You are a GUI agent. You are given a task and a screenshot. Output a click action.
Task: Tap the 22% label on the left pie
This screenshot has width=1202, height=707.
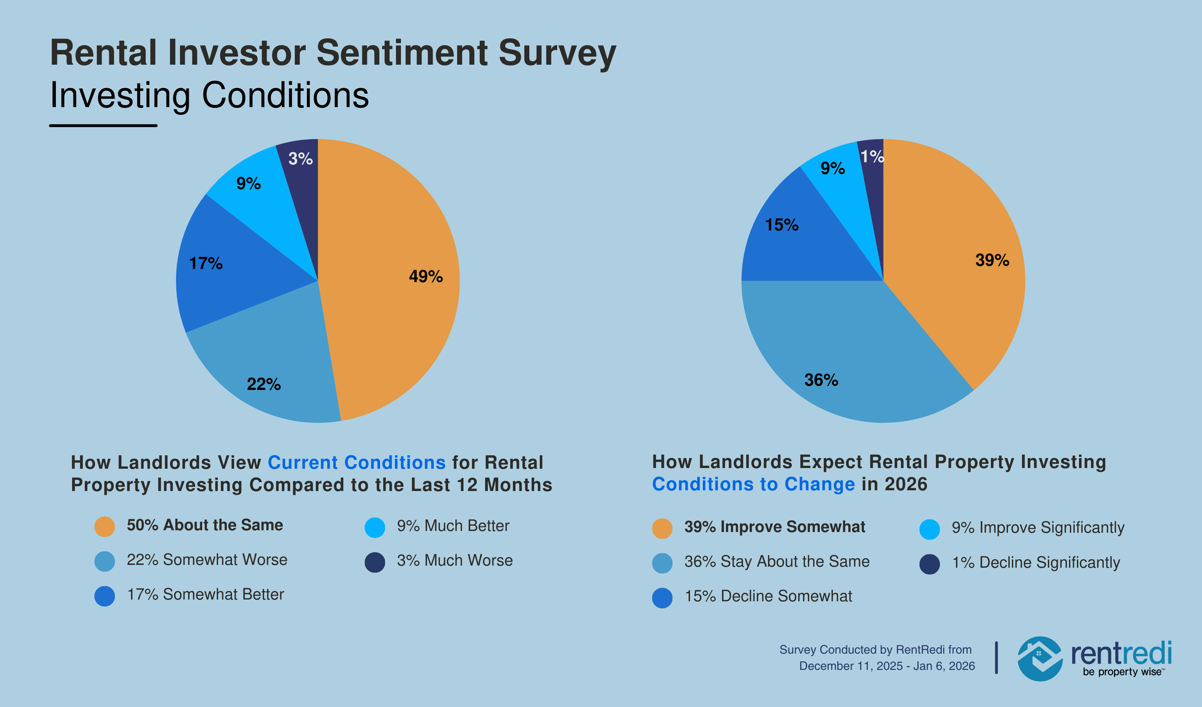tap(263, 384)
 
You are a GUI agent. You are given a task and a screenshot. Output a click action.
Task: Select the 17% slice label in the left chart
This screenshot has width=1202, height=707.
tap(206, 263)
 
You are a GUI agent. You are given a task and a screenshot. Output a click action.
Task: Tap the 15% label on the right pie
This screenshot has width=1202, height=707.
tap(781, 225)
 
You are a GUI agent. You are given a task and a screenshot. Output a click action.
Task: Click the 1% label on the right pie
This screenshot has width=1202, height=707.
tap(872, 157)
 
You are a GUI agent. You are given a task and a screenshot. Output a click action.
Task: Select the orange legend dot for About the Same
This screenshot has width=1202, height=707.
tap(104, 527)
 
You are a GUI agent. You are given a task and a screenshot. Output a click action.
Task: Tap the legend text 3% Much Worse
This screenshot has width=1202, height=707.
tap(455, 561)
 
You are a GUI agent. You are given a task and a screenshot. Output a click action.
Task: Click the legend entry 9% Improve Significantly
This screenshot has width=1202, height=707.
tap(1038, 528)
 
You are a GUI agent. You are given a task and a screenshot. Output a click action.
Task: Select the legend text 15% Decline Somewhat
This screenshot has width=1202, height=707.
tap(768, 596)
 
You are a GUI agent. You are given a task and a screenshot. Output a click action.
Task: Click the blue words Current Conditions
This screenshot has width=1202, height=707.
tap(356, 463)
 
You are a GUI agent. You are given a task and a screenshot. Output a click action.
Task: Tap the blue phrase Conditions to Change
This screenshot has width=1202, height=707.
tap(753, 484)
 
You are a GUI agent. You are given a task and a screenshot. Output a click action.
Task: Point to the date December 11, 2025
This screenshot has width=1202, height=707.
tap(851, 666)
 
